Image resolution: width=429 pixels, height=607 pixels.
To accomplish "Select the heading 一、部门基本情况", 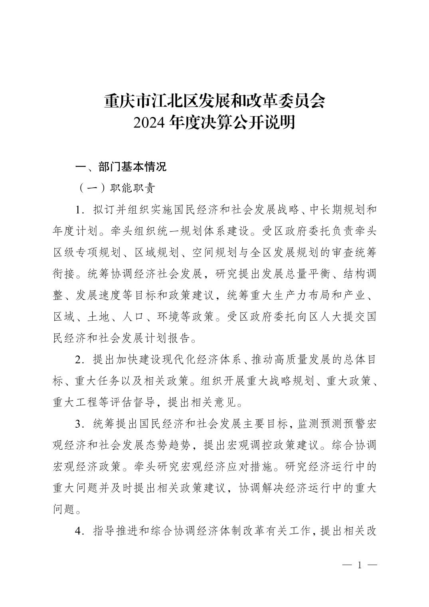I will [x=121, y=167].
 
